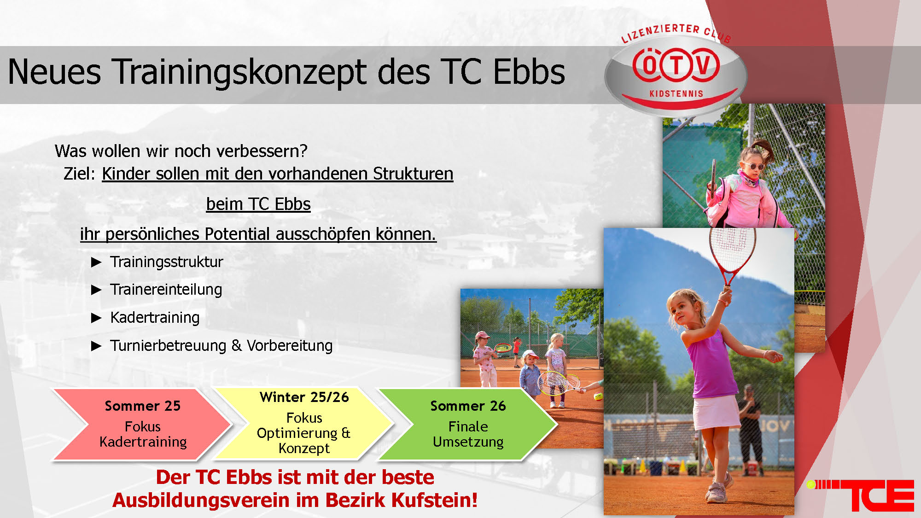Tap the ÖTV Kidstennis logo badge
point(676,71)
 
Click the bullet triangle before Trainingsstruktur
point(96,262)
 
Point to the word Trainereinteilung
point(166,290)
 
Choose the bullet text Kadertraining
point(155,318)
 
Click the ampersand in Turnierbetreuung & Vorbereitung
point(237,345)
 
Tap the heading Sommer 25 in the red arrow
point(143,406)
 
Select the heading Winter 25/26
point(304,397)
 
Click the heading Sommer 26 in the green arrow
point(468,406)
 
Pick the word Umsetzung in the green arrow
point(468,442)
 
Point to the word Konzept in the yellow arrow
point(304,448)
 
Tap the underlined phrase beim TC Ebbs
point(258,204)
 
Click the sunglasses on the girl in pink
point(755,165)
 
